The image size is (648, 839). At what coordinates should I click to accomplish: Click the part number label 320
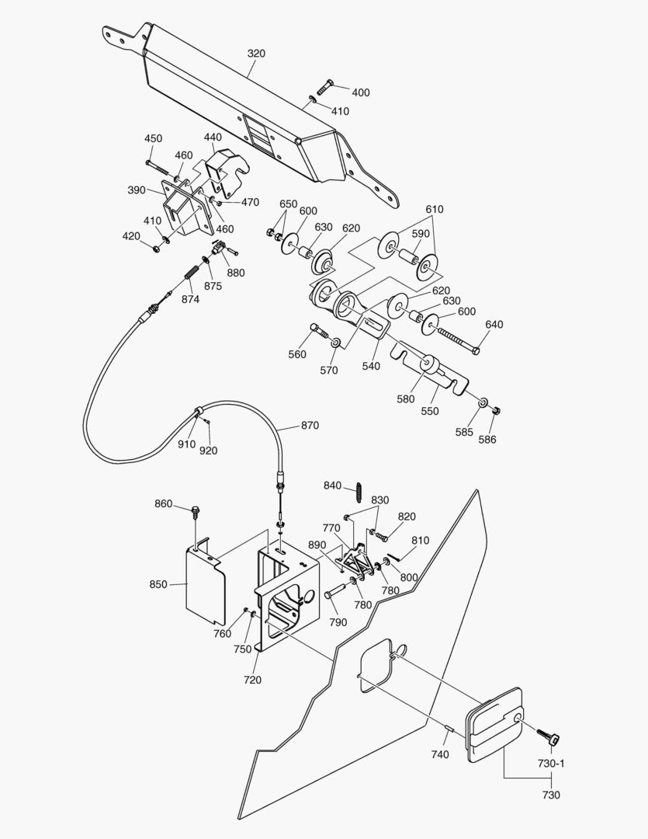pyautogui.click(x=256, y=54)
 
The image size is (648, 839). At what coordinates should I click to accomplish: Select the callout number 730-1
pyautogui.click(x=551, y=764)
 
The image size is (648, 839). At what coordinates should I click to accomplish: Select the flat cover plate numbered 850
pyautogui.click(x=204, y=585)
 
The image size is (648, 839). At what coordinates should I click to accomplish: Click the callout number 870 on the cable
pyautogui.click(x=310, y=426)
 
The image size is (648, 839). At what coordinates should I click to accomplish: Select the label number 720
pyautogui.click(x=252, y=680)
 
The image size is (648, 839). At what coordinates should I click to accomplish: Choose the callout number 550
pyautogui.click(x=429, y=411)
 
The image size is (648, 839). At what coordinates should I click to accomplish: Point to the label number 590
pyautogui.click(x=421, y=234)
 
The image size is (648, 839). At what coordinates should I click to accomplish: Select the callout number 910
pyautogui.click(x=186, y=444)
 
